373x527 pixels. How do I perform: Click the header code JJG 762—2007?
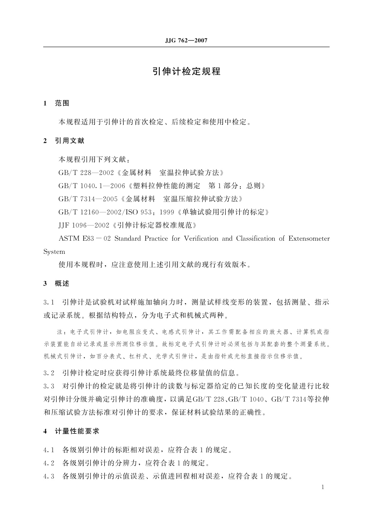[x=186, y=41]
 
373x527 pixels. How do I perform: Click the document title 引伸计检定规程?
[x=186, y=71]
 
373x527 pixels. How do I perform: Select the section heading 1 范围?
[x=56, y=103]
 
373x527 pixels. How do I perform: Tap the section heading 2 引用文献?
[x=64, y=141]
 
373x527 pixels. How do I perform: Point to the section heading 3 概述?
[x=56, y=284]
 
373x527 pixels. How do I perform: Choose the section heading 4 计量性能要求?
[x=71, y=431]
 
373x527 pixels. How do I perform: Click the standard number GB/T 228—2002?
[x=84, y=173]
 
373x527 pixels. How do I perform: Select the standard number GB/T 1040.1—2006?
[x=92, y=186]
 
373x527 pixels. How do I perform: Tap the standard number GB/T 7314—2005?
[x=87, y=199]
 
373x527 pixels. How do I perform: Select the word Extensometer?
[x=309, y=239]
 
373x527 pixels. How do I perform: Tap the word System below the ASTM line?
[x=54, y=252]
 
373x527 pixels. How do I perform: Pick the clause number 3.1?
[x=49, y=303]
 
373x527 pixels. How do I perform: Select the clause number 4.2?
[x=49, y=463]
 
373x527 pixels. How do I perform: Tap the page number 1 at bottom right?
[x=323, y=487]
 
